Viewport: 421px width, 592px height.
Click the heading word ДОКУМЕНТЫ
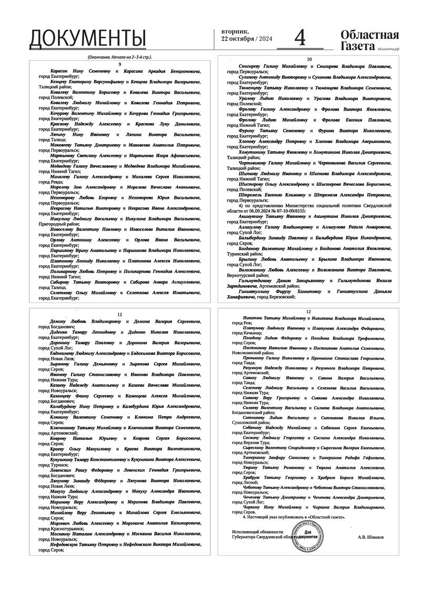(x=87, y=38)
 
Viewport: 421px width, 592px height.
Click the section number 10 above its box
(x=309, y=59)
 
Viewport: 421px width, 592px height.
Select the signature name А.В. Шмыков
(x=372, y=537)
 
